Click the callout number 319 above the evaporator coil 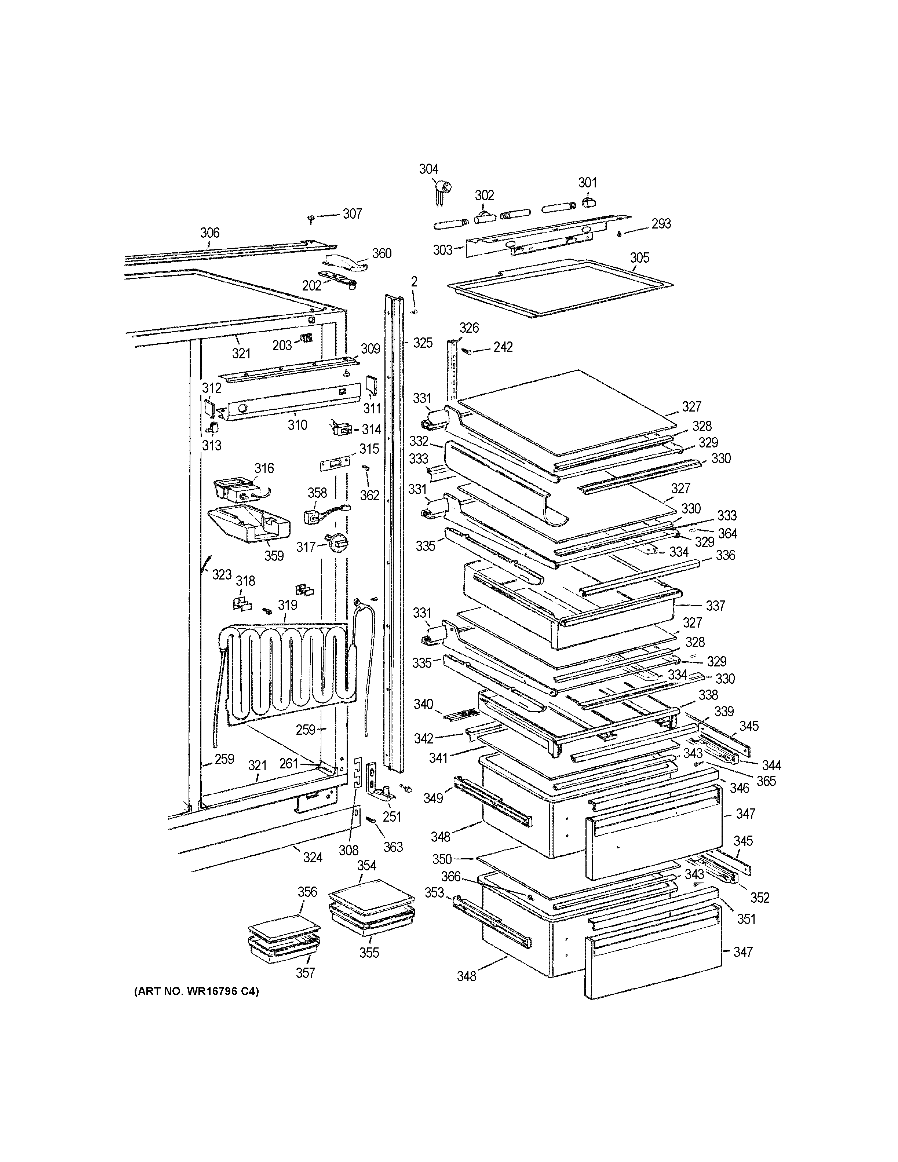pos(287,605)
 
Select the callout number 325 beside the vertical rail pos(422,343)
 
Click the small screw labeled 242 pos(468,351)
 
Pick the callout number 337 pos(716,606)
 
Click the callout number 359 pos(274,555)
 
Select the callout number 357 pos(305,973)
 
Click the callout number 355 pos(369,952)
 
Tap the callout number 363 pos(393,847)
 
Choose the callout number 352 pos(760,898)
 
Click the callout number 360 pos(382,253)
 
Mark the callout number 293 pos(661,223)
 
